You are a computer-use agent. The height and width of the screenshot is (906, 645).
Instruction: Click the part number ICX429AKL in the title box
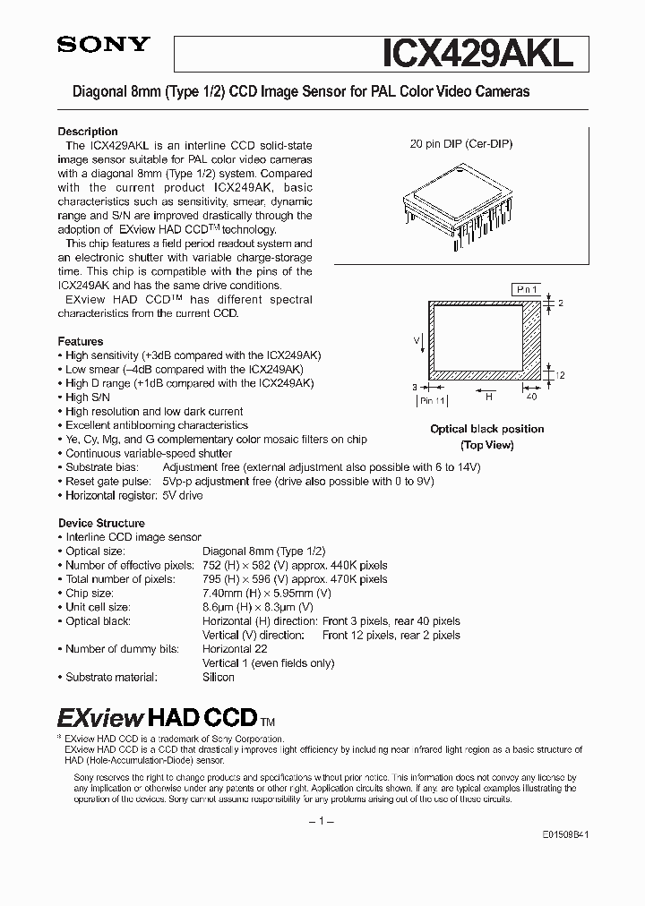(x=477, y=54)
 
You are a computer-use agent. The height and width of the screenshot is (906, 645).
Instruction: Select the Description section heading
(x=88, y=132)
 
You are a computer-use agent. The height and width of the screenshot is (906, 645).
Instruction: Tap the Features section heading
(x=81, y=341)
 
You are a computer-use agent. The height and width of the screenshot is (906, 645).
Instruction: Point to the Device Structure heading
(x=101, y=523)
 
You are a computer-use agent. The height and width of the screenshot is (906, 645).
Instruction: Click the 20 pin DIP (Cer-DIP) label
(x=460, y=143)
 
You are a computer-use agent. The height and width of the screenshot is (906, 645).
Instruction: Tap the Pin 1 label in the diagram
(x=527, y=290)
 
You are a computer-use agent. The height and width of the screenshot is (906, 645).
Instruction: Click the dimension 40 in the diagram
(x=530, y=395)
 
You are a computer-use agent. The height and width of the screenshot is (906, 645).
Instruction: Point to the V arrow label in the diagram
(x=417, y=340)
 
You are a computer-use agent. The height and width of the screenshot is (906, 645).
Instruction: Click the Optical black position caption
(x=486, y=430)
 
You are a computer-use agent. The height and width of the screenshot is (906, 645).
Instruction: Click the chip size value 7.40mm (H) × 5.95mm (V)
(x=267, y=593)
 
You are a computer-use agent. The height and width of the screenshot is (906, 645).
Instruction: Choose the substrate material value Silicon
(x=219, y=677)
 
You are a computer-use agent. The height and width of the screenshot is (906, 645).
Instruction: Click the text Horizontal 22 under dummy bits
(x=235, y=649)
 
